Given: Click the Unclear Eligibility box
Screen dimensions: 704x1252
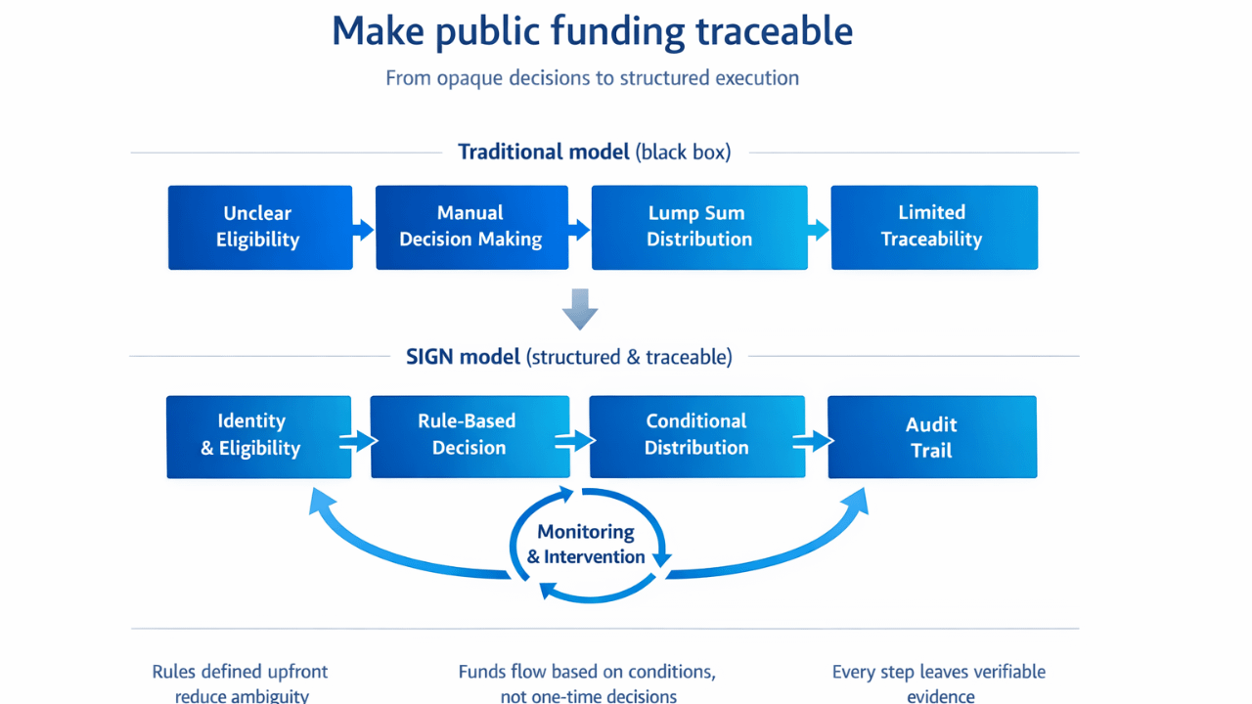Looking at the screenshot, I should click(259, 227).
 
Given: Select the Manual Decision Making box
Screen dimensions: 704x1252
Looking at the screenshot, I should click(471, 227).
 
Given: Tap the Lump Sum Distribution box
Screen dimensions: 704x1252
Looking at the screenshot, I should click(699, 227).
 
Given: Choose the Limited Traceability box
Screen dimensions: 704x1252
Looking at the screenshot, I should click(933, 227).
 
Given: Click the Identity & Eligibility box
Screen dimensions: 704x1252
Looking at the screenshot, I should click(258, 436).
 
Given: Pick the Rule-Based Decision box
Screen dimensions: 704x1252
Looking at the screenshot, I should click(469, 436).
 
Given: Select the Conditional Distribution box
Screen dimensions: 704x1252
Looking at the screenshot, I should click(696, 436).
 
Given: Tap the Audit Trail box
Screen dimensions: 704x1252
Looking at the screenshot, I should click(931, 437).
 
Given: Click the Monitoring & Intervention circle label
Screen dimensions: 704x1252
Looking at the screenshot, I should click(586, 545).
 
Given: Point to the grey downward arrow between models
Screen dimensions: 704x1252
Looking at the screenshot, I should click(580, 309).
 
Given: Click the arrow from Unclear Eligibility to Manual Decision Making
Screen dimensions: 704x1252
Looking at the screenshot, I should click(364, 230).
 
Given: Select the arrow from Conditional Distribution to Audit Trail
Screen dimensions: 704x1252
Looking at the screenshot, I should click(817, 441).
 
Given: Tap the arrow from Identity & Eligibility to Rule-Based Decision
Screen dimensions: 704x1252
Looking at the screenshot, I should click(361, 442).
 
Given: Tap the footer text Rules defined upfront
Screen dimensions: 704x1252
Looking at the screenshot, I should click(240, 672).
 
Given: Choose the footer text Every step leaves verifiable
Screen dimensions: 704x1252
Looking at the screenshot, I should click(938, 672).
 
